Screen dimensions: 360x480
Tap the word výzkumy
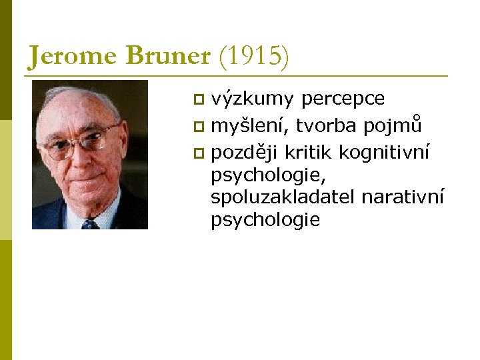tap(252, 99)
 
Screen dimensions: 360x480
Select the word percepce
tap(343, 99)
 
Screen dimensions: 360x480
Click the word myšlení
tap(249, 125)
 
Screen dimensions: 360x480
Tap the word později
tap(245, 153)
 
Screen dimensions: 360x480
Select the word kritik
tap(309, 153)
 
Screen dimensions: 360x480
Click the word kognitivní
tap(384, 153)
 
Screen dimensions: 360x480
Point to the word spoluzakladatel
tap(283, 197)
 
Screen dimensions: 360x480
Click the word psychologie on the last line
tap(265, 220)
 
